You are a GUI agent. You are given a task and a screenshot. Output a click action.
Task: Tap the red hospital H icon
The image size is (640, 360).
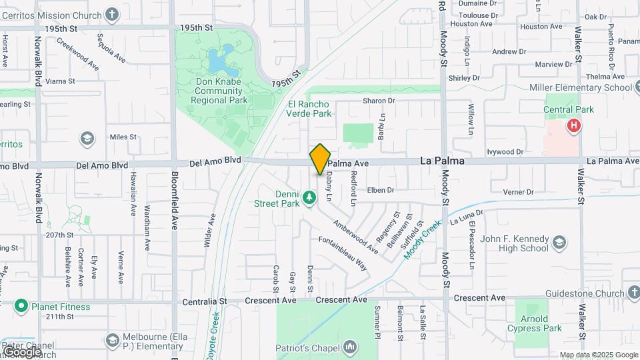pyautogui.click(x=573, y=125)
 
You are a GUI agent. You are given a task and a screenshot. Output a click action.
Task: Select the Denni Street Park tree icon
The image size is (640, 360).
pyautogui.click(x=309, y=197)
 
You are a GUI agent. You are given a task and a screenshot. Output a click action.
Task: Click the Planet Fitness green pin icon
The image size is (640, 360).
pyautogui.click(x=21, y=307)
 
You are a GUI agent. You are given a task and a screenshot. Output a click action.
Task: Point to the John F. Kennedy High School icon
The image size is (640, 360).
pyautogui.click(x=559, y=241)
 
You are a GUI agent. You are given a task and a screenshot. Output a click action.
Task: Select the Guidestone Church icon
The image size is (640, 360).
pyautogui.click(x=632, y=293)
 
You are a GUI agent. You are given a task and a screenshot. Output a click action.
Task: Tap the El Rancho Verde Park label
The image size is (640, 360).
pyautogui.click(x=309, y=109)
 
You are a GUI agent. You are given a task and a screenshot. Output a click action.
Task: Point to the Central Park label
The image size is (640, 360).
pyautogui.click(x=568, y=109)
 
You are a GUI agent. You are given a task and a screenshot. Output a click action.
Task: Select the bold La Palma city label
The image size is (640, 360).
pyautogui.click(x=442, y=161)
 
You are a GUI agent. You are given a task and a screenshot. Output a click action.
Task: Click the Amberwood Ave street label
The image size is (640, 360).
pyautogui.click(x=355, y=237)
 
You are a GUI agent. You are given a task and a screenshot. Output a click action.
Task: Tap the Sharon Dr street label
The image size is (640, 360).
pyautogui.click(x=379, y=101)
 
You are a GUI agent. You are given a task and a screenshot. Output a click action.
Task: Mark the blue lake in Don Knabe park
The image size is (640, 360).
pyautogui.click(x=219, y=61)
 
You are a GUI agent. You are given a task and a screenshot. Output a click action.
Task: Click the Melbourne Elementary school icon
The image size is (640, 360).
pyautogui.click(x=112, y=341)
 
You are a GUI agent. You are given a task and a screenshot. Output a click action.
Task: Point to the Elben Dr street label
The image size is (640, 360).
pyautogui.click(x=381, y=190)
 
